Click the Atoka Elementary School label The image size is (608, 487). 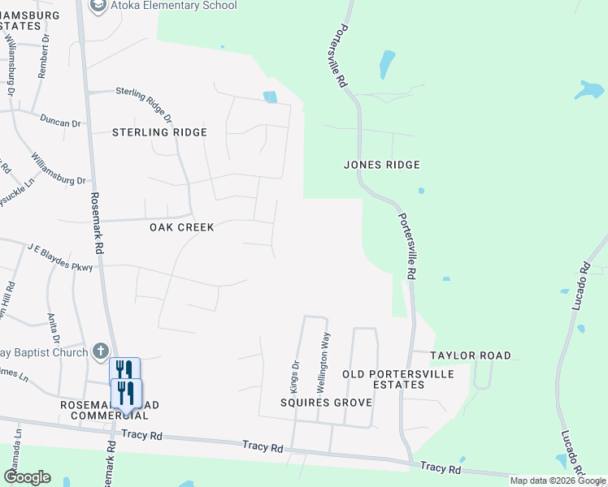tap(176, 6)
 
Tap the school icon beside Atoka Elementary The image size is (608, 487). tap(98, 6)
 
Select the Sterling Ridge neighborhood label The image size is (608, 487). tap(159, 132)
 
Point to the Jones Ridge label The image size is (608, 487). tap(381, 165)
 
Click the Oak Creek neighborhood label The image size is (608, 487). tap(182, 227)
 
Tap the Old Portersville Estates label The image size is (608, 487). tap(383, 379)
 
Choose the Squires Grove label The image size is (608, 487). tap(326, 403)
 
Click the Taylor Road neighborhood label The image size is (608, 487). tap(471, 356)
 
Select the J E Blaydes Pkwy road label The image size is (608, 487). tap(61, 255)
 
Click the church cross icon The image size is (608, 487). tap(100, 351)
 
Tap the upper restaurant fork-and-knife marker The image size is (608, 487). tap(124, 369)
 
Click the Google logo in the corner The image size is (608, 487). tap(27, 477)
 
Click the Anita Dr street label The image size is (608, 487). tap(54, 328)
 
